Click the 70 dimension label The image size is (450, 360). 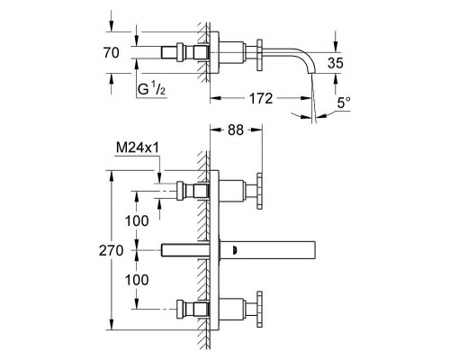tap(112, 53)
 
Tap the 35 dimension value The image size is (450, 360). tap(336, 63)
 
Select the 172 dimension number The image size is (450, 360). tap(261, 98)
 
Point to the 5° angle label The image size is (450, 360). tap(344, 103)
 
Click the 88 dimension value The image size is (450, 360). tap(236, 130)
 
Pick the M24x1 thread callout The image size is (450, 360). tap(137, 148)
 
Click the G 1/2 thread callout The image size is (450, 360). tap(151, 89)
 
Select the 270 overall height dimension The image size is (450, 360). tap(111, 250)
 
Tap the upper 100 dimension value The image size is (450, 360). tap(137, 221)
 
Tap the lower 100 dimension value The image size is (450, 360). tap(137, 280)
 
